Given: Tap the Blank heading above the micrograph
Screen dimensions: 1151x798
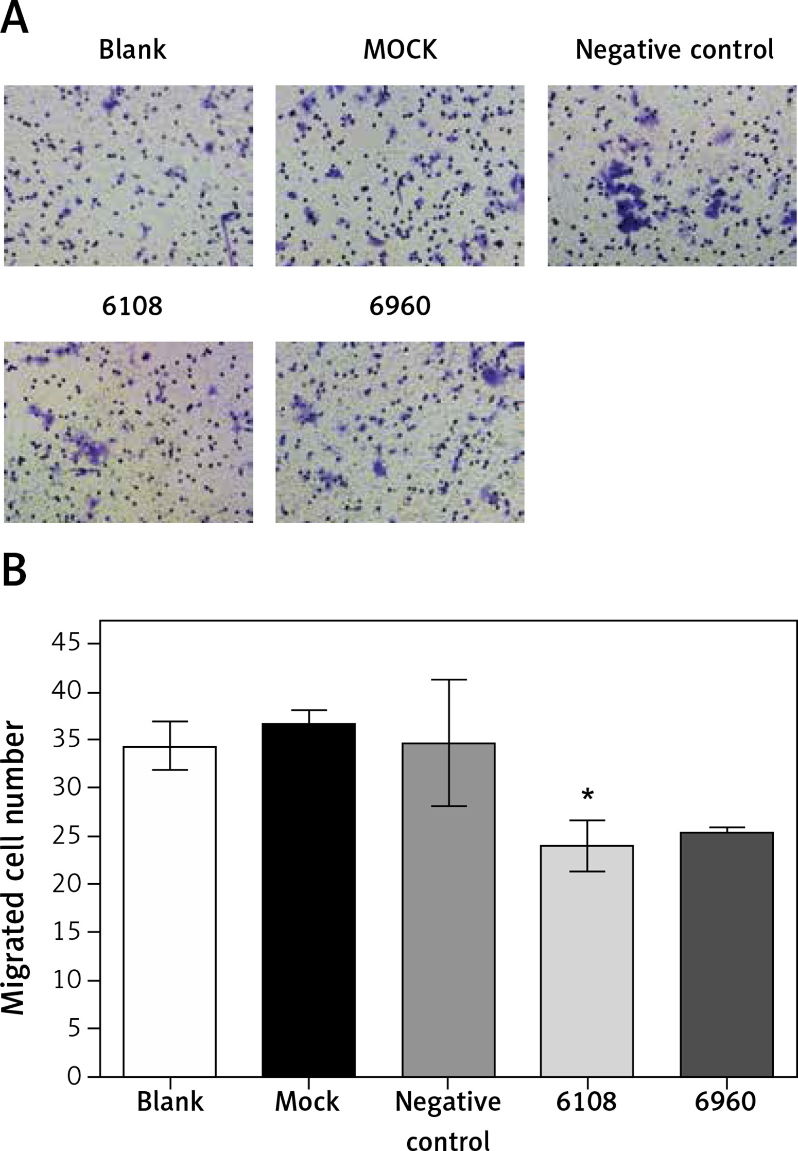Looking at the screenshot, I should (132, 50).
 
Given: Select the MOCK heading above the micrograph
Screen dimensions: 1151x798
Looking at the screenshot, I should (400, 50).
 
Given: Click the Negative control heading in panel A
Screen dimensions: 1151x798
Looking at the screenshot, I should (674, 50).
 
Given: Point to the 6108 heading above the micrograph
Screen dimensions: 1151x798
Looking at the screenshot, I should (132, 307).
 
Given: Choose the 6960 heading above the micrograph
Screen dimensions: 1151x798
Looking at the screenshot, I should (400, 307).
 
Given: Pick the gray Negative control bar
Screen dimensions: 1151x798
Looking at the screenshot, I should (448, 917).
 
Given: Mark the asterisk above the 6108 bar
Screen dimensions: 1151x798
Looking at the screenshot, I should (587, 794).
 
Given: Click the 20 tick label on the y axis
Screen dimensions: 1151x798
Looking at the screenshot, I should (67, 884).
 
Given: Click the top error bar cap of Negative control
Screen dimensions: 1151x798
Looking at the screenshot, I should (448, 680).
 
